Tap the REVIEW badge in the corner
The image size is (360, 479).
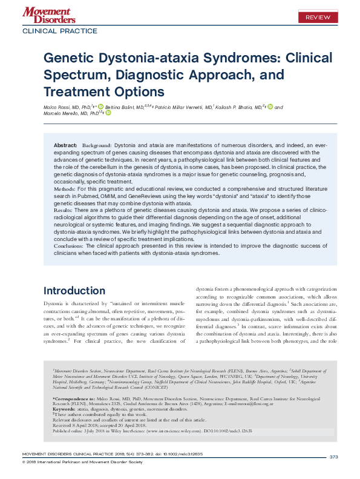(317, 18)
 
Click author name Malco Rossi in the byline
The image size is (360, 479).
(56, 108)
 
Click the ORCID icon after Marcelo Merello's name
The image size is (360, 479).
(108, 114)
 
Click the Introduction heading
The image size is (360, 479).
(78, 290)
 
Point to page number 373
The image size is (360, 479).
(333, 457)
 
